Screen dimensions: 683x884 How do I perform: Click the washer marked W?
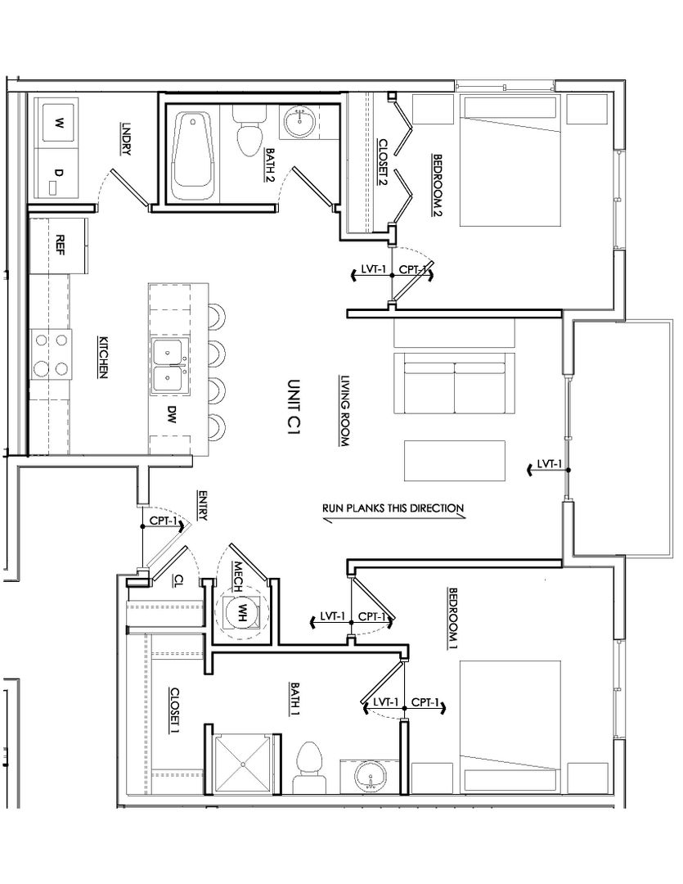click(56, 122)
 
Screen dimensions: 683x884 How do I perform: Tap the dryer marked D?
click(56, 173)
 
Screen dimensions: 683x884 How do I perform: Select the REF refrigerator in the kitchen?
click(59, 246)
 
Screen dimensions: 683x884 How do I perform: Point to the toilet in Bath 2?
click(248, 132)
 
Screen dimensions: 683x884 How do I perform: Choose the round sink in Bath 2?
click(300, 122)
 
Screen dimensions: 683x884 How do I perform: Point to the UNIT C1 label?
click(294, 407)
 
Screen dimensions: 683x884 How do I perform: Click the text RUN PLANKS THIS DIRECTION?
click(393, 508)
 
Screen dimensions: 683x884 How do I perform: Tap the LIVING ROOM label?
click(345, 411)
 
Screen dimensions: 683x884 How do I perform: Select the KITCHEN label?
click(103, 358)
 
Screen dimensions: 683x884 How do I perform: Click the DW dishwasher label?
click(172, 415)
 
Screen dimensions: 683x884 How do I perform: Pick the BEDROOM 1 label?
click(452, 619)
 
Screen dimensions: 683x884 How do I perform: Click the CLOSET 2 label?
click(383, 162)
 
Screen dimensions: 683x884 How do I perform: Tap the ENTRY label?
click(202, 505)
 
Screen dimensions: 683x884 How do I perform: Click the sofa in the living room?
click(454, 383)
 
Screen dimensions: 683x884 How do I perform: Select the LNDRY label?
click(126, 138)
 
